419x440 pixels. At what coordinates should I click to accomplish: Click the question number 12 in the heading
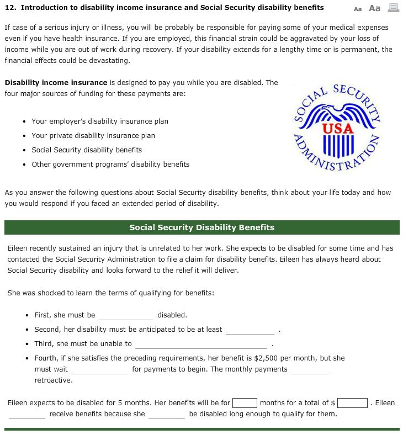pyautogui.click(x=9, y=8)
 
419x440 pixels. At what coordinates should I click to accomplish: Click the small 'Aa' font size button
pyautogui.click(x=358, y=8)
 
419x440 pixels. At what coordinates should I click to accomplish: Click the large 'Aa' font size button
pyautogui.click(x=374, y=8)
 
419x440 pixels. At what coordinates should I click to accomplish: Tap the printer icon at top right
pyautogui.click(x=393, y=8)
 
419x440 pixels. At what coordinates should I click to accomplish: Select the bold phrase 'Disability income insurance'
pyautogui.click(x=56, y=82)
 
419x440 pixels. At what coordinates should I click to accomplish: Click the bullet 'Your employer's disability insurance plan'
pyautogui.click(x=100, y=121)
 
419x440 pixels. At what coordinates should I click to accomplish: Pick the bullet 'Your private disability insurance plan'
pyautogui.click(x=93, y=135)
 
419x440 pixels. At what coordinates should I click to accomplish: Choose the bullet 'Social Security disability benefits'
pyautogui.click(x=87, y=150)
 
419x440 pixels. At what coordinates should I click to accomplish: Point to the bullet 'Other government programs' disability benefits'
pyautogui.click(x=110, y=164)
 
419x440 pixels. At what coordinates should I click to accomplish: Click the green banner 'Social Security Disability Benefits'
pyautogui.click(x=201, y=227)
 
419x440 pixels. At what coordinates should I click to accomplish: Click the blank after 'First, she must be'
pyautogui.click(x=126, y=316)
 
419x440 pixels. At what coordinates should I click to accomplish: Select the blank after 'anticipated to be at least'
pyautogui.click(x=250, y=330)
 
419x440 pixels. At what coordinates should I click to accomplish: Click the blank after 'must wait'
pyautogui.click(x=99, y=370)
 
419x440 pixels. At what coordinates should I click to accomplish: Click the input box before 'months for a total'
pyautogui.click(x=245, y=403)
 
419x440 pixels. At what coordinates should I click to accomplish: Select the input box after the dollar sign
pyautogui.click(x=353, y=403)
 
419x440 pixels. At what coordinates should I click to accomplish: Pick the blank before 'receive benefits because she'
pyautogui.click(x=27, y=414)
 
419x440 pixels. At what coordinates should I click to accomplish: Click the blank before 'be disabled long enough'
pyautogui.click(x=167, y=414)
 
